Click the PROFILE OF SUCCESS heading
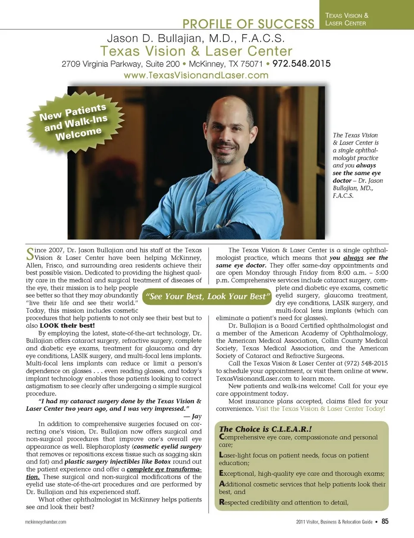click(248, 23)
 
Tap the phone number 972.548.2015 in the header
click(301, 63)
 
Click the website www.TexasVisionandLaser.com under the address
click(196, 75)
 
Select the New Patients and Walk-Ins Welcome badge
click(74, 122)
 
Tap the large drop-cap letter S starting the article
click(30, 254)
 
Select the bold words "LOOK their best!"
click(67, 326)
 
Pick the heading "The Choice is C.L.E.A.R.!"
click(265, 429)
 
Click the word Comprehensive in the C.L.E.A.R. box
click(246, 437)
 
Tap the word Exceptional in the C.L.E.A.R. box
click(241, 474)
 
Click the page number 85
click(385, 521)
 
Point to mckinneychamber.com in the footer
click(46, 522)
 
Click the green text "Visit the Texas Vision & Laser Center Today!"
click(320, 408)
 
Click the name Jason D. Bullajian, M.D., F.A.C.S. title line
click(195, 38)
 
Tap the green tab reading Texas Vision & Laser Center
click(347, 19)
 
